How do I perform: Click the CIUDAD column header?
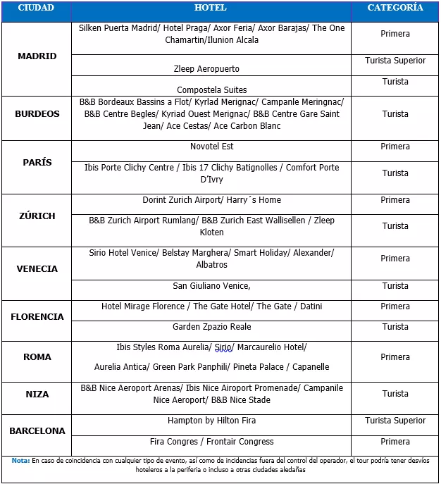(36, 8)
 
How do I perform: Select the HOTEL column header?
(211, 8)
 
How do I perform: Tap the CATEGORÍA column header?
(395, 8)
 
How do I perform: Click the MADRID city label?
(37, 56)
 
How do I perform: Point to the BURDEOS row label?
(37, 114)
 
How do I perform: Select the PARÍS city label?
(37, 163)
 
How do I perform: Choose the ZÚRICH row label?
(37, 216)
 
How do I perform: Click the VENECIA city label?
(37, 269)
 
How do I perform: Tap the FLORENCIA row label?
(37, 317)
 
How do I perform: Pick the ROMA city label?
(37, 357)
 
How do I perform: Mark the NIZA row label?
(37, 395)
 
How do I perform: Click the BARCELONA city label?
(37, 431)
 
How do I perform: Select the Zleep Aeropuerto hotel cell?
(206, 69)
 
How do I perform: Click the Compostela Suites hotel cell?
(212, 90)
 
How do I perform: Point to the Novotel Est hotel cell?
(212, 147)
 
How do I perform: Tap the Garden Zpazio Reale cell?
(212, 327)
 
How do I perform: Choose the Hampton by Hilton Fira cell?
(212, 421)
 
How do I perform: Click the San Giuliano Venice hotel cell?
(212, 286)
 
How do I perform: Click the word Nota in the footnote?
(20, 461)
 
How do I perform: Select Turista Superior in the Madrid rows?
(395, 61)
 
